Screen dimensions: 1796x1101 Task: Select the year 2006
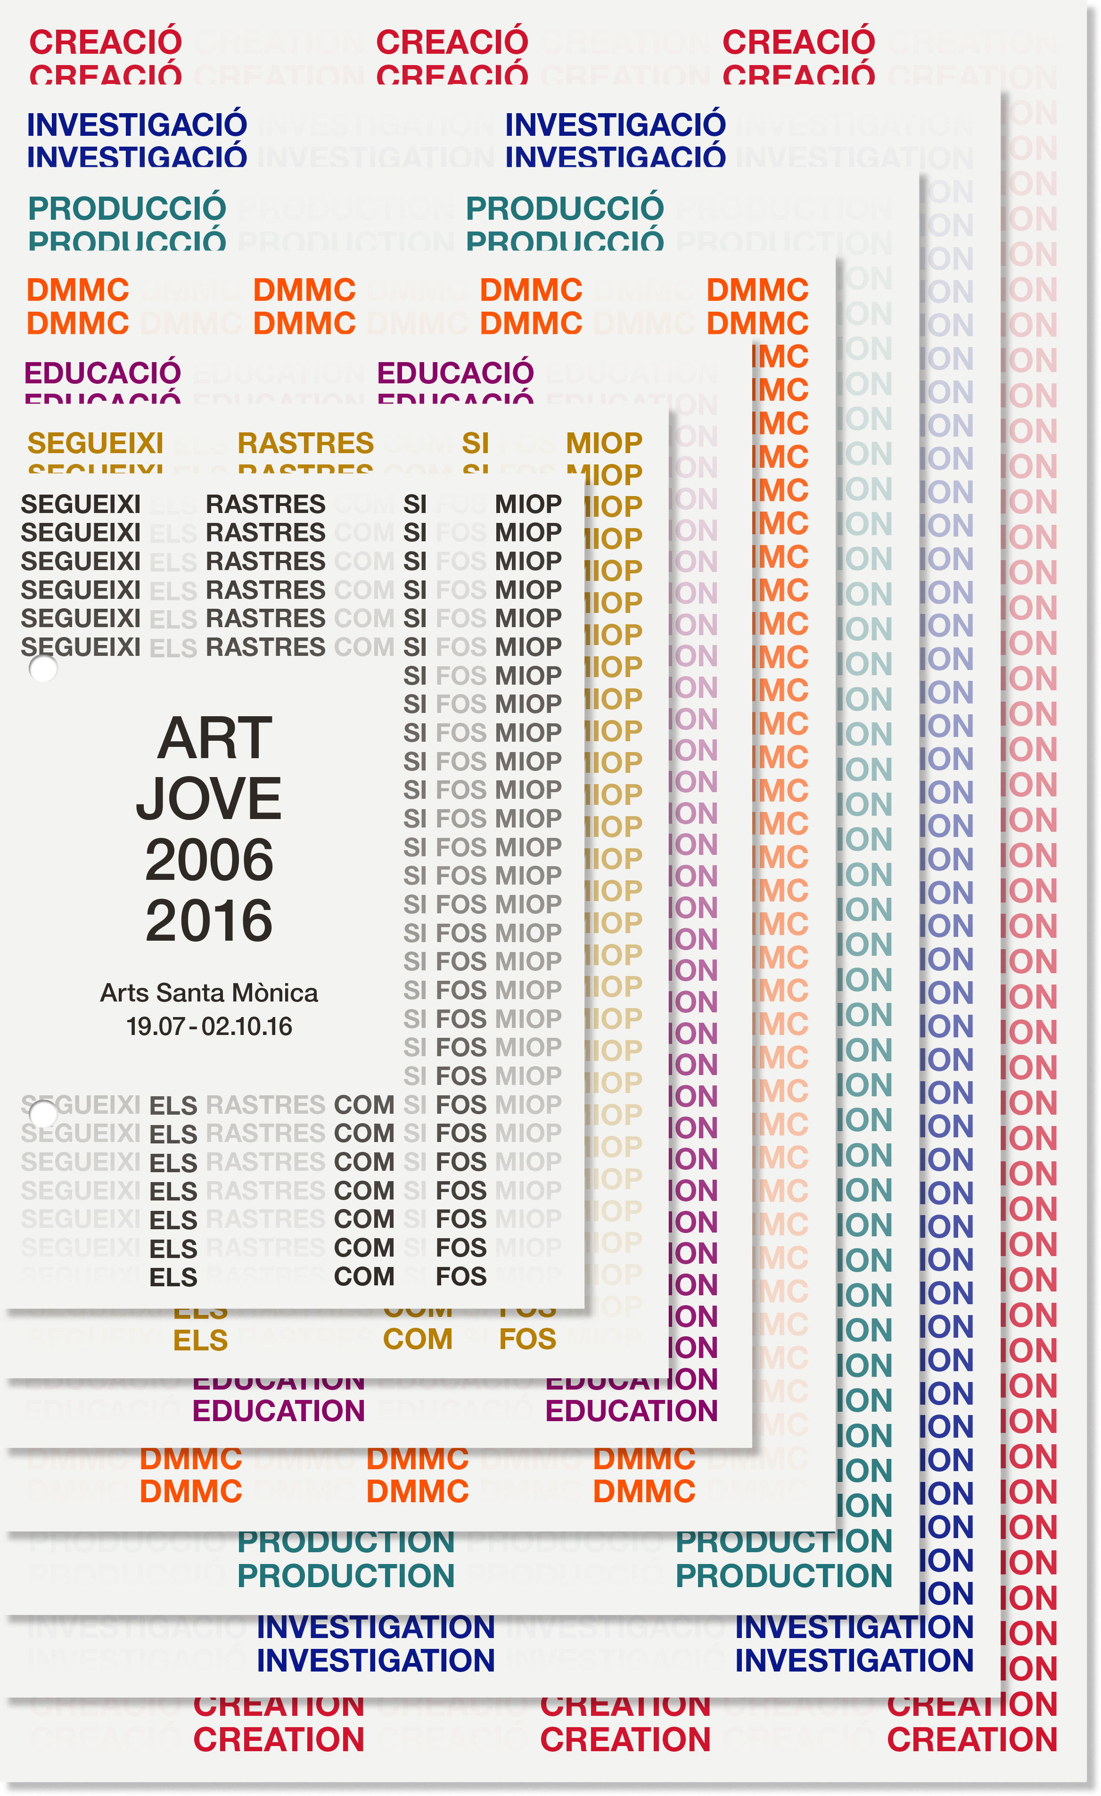(x=209, y=860)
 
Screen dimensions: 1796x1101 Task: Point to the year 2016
(x=209, y=920)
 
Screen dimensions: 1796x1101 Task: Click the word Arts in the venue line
(x=124, y=993)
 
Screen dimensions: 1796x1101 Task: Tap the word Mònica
(x=275, y=993)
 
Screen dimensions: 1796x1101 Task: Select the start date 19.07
(x=155, y=1027)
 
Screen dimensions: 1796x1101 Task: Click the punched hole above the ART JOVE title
(x=43, y=669)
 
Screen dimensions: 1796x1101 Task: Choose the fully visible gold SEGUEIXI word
(x=96, y=443)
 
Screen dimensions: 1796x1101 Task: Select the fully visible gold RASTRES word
(x=305, y=443)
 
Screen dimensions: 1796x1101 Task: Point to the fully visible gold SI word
(x=475, y=443)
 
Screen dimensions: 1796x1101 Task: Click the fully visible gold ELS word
(x=200, y=1341)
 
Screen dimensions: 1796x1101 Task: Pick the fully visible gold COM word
(x=418, y=1340)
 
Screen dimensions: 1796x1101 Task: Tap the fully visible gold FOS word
(x=527, y=1340)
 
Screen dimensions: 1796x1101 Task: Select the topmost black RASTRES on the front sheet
(x=265, y=505)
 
